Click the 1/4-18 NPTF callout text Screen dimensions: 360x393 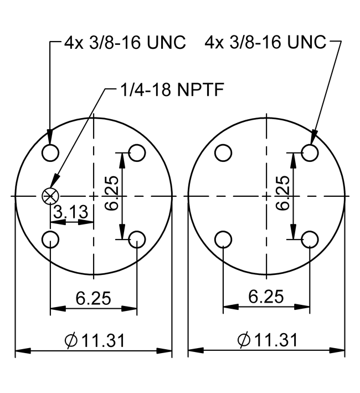point(172,89)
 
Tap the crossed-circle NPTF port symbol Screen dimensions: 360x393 point(50,196)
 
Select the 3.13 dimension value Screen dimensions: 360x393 point(71,211)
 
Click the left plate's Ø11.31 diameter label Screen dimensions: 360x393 point(95,340)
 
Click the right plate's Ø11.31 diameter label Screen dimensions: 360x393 point(268,340)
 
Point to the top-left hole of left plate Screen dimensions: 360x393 point(50,152)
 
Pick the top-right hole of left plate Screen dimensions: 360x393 point(137,152)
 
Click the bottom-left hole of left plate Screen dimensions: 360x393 point(50,239)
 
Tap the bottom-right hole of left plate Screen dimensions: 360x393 point(137,239)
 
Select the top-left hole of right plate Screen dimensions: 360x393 point(223,152)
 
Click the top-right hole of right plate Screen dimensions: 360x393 point(310,152)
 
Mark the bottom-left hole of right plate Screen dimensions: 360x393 point(223,239)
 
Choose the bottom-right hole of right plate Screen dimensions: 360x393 point(310,239)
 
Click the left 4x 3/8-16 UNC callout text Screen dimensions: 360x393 point(125,42)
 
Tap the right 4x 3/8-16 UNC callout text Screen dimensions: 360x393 point(266,42)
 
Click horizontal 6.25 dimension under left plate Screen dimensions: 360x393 point(93,298)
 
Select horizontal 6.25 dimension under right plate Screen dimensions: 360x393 point(266,297)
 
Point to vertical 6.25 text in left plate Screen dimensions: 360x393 point(111,193)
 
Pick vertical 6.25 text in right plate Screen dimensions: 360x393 point(282,193)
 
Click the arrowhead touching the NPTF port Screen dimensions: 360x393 point(55,181)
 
